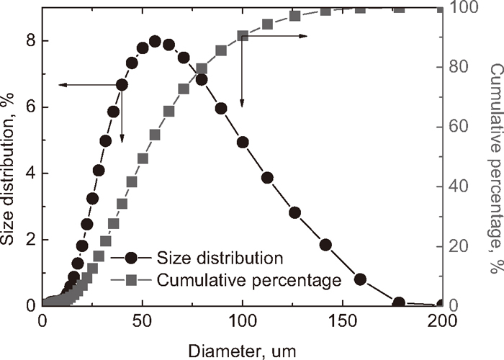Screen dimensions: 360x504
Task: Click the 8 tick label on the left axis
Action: click(x=31, y=41)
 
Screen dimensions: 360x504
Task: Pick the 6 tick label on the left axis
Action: click(x=31, y=107)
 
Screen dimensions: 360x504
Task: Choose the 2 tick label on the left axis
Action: click(x=31, y=240)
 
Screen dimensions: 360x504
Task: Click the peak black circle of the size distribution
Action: click(x=155, y=42)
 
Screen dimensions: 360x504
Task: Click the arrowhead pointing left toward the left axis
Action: click(x=62, y=85)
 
